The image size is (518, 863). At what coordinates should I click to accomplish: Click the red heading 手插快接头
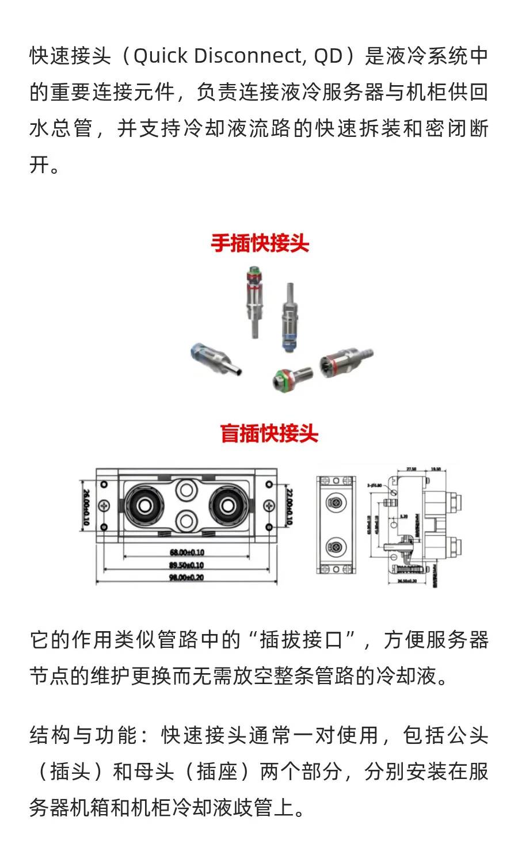[260, 243]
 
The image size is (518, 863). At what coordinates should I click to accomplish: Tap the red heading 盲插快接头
[269, 433]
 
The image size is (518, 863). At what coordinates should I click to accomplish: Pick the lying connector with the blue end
[215, 359]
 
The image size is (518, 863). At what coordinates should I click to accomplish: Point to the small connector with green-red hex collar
[291, 377]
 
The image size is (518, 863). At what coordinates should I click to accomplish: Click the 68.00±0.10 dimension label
[186, 553]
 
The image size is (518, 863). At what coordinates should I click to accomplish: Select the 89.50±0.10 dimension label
[186, 566]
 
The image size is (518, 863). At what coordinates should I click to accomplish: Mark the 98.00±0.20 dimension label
[186, 578]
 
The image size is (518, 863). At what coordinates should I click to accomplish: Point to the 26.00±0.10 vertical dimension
[86, 507]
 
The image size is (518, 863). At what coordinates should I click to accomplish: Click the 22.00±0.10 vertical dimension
[289, 507]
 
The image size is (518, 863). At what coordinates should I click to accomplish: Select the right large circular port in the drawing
[228, 506]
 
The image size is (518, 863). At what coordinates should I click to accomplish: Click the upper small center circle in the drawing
[186, 490]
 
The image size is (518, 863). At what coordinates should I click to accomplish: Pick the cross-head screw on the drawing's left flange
[104, 506]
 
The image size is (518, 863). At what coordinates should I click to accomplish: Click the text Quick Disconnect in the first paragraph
[218, 56]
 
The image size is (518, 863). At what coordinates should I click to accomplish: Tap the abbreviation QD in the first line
[328, 56]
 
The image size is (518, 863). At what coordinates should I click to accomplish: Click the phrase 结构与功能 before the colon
[84, 735]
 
